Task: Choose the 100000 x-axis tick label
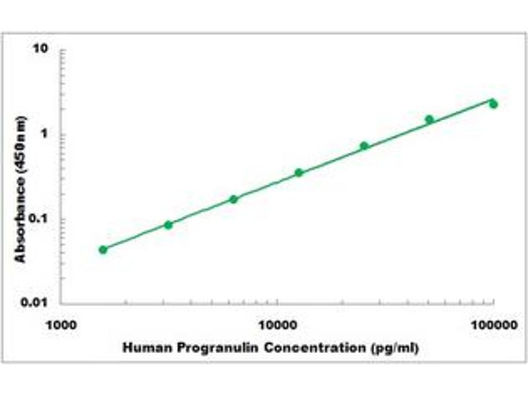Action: coord(492,325)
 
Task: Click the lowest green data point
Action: coord(103,249)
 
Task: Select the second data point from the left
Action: coord(168,225)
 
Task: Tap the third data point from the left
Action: coord(234,199)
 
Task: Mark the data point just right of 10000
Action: coord(299,173)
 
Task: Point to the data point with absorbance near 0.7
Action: coord(364,146)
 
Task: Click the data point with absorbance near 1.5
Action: coord(430,119)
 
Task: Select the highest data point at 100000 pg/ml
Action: coord(494,104)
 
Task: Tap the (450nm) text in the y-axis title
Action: coord(21,146)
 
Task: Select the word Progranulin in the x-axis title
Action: coord(208,347)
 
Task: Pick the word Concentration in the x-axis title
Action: coord(308,347)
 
